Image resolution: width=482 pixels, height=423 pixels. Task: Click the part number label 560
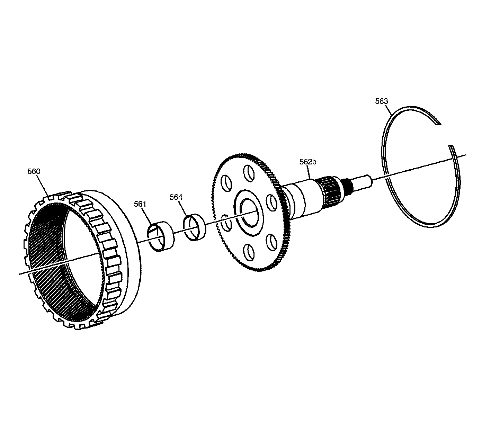pos(34,171)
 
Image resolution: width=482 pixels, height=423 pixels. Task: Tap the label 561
pos(140,204)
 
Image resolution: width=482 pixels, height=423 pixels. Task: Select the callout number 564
pos(176,197)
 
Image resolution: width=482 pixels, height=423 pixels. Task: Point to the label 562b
pos(308,162)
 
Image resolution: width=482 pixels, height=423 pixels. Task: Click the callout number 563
pos(382,101)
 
